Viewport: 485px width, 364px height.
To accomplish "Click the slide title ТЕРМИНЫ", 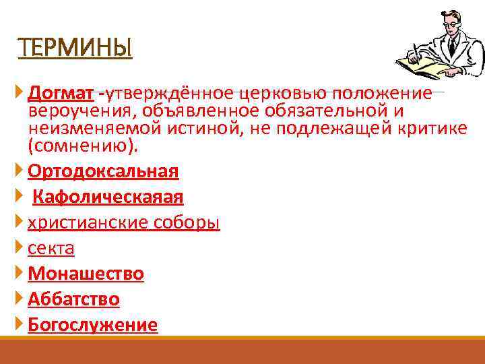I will pos(75,49).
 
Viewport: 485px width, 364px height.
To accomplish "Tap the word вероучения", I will pos(73,110).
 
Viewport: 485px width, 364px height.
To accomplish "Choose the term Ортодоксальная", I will pos(103,171).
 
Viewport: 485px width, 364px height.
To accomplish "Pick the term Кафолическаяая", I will pos(108,197).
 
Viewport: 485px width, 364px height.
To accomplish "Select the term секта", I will pos(51,249).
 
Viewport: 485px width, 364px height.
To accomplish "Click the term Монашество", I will pos(86,274).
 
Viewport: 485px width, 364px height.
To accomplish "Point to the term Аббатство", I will pos(73,299).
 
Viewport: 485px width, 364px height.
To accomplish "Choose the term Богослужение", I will pos(92,325).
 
